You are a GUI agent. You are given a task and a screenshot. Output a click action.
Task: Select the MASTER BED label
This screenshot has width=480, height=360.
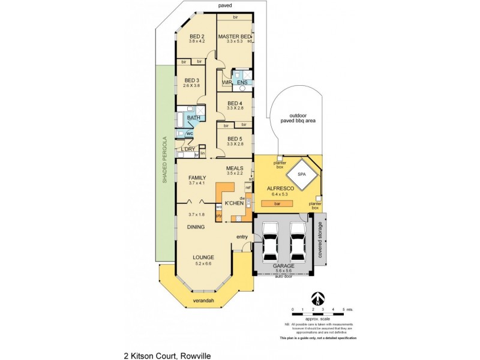pyautogui.click(x=234, y=36)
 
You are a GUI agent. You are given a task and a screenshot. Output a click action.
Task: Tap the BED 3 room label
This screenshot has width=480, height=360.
pyautogui.click(x=191, y=80)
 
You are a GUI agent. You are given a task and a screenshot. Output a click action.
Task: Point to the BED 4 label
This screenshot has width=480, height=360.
pyautogui.click(x=235, y=103)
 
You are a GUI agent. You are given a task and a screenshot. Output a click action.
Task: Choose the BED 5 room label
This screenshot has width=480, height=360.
pyautogui.click(x=235, y=139)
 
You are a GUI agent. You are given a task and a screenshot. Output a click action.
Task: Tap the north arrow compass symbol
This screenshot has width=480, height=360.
pyautogui.click(x=318, y=298)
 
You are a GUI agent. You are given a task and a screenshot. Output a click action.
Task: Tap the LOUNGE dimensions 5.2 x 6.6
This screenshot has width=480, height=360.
pyautogui.click(x=203, y=263)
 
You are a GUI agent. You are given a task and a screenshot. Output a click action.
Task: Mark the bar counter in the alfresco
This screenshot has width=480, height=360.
pyautogui.click(x=277, y=203)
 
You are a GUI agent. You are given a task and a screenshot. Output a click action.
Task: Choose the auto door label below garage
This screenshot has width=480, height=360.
pyautogui.click(x=283, y=277)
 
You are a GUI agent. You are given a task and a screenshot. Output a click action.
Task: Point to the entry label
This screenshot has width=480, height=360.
pyautogui.click(x=242, y=236)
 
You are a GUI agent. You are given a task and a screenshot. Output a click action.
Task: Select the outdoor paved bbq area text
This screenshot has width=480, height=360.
pyautogui.click(x=302, y=118)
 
